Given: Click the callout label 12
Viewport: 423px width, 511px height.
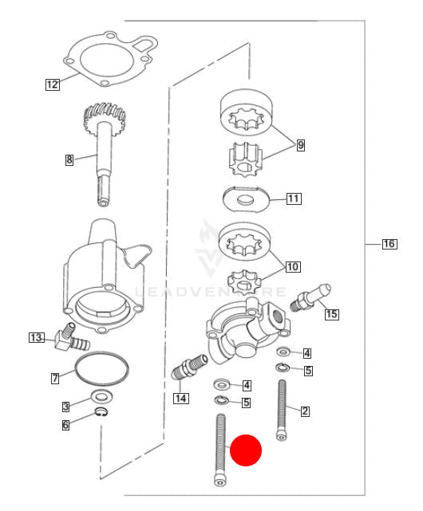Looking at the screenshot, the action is (x=52, y=85).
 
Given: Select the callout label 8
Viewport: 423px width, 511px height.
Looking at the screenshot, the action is (x=69, y=159).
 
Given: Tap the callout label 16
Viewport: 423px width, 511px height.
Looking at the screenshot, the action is (x=389, y=244).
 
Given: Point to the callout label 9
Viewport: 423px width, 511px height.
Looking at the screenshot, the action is (x=301, y=145).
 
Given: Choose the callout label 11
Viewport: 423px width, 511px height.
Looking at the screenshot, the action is (x=294, y=199).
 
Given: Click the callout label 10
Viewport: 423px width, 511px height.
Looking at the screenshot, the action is (x=293, y=267).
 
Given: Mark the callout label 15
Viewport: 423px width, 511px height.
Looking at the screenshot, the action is (x=331, y=314).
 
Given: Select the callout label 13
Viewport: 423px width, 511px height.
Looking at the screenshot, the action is (x=36, y=337).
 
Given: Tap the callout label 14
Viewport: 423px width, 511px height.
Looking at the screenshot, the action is (x=181, y=398).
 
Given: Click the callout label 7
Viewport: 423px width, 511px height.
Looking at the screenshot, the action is (x=55, y=378).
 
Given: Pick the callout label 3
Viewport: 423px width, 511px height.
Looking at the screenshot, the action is (x=66, y=407).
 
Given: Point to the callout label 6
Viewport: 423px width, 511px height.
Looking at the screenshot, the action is (x=65, y=425).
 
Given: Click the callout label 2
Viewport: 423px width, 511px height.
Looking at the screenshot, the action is (x=305, y=411).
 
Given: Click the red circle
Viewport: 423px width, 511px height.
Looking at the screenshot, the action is (x=246, y=450).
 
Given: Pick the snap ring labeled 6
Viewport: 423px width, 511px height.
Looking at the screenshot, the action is (x=102, y=412).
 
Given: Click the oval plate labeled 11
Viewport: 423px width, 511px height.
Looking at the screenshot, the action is (x=247, y=199).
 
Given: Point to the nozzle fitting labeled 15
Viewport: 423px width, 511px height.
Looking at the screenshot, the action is (x=310, y=298).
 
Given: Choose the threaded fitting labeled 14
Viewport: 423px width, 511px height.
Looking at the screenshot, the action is (x=189, y=367).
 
